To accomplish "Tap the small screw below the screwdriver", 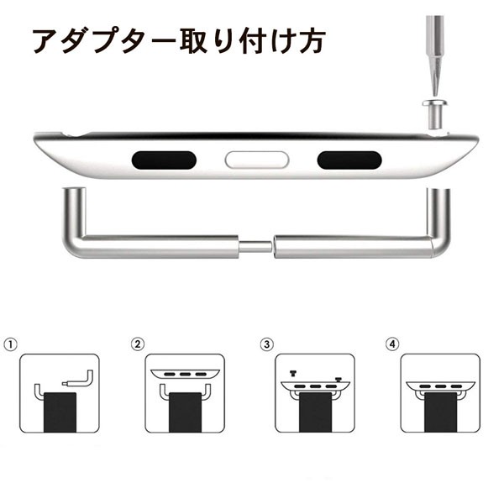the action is (x=435, y=114).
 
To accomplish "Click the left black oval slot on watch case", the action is (x=164, y=160).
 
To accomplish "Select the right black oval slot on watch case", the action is (x=349, y=160).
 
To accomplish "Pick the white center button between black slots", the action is (x=257, y=160).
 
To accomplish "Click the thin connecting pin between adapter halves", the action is (x=256, y=247).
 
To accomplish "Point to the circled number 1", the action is (x=10, y=344).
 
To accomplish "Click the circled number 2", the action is (x=138, y=344).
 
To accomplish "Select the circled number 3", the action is (x=267, y=344).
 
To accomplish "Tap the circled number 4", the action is (x=392, y=344).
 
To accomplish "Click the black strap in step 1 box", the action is (x=60, y=412).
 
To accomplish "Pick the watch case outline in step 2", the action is (x=185, y=374).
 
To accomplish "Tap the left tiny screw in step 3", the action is (x=293, y=373).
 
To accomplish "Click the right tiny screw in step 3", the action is (x=338, y=380).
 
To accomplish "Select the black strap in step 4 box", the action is (x=440, y=412).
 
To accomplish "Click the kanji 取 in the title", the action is (x=194, y=41).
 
